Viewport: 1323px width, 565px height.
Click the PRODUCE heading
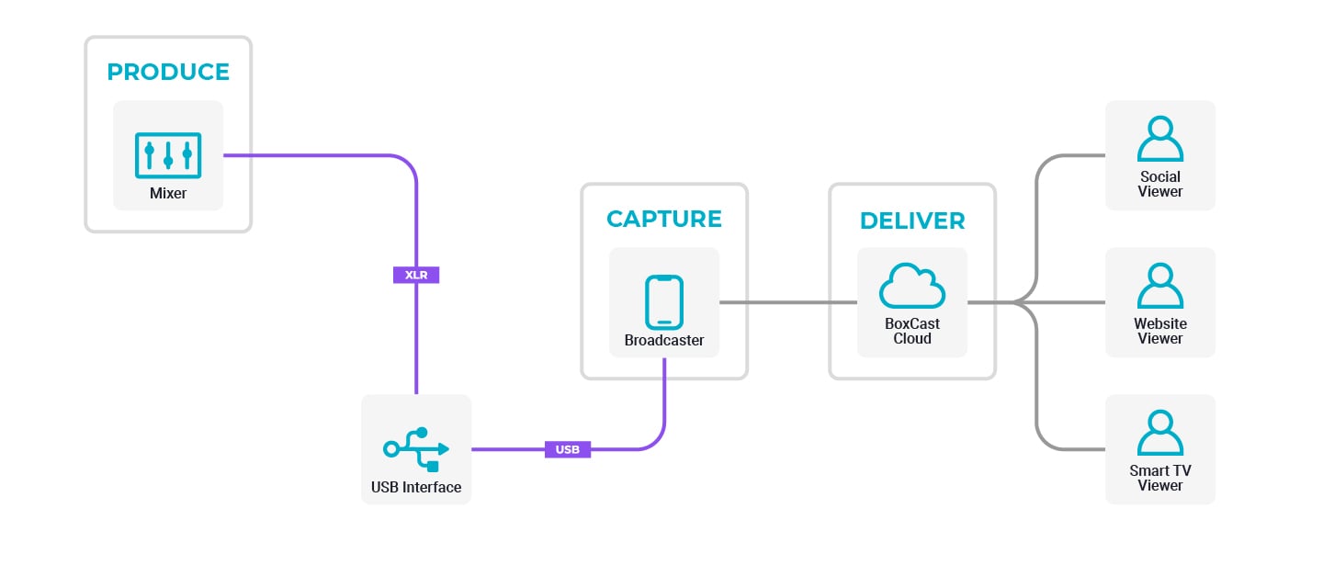(x=168, y=72)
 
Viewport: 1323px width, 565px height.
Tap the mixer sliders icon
(x=168, y=155)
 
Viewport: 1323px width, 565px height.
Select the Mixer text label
(x=168, y=194)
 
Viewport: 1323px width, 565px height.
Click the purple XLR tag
(x=416, y=275)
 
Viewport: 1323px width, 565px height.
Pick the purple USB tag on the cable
(x=568, y=449)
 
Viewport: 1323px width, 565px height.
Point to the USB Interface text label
(x=416, y=487)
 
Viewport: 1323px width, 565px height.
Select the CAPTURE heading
(x=664, y=219)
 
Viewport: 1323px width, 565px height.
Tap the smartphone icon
(x=664, y=302)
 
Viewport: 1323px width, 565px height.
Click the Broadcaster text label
(x=664, y=340)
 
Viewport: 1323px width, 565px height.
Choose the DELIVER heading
(x=912, y=220)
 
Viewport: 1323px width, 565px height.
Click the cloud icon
(x=912, y=288)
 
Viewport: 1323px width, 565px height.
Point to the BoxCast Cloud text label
(x=912, y=331)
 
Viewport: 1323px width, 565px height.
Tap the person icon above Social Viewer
(x=1160, y=139)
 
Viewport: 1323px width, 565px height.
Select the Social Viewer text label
(x=1160, y=184)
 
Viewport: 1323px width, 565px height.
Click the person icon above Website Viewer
(x=1160, y=286)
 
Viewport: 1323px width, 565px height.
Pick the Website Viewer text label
(x=1160, y=331)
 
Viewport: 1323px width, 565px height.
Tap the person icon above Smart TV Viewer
(x=1160, y=433)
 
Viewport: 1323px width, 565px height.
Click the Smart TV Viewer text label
(x=1160, y=478)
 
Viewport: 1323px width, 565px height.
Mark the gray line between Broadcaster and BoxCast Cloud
(x=788, y=302)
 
